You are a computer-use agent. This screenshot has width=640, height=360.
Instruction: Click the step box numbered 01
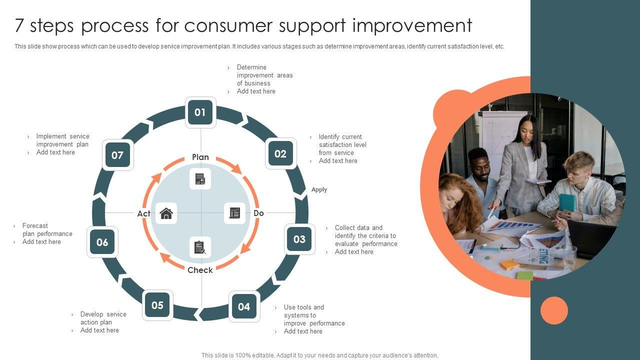pyautogui.click(x=200, y=112)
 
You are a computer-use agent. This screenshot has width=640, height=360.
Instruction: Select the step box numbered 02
pyautogui.click(x=280, y=154)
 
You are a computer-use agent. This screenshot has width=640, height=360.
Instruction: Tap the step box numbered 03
pyautogui.click(x=299, y=239)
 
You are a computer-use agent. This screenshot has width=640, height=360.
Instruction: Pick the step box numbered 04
pyautogui.click(x=244, y=306)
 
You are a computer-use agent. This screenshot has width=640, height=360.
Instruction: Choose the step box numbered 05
pyautogui.click(x=157, y=305)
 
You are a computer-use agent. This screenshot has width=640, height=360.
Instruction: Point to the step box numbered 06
pyautogui.click(x=102, y=242)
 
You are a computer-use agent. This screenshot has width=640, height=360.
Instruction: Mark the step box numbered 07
pyautogui.click(x=117, y=155)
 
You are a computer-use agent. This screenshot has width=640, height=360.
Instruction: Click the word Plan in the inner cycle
pyautogui.click(x=200, y=157)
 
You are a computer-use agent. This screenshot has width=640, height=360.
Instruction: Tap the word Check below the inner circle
pyautogui.click(x=200, y=270)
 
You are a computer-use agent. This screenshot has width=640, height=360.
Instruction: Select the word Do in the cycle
pyautogui.click(x=258, y=213)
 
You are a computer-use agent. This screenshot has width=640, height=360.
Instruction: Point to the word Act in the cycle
pyautogui.click(x=143, y=213)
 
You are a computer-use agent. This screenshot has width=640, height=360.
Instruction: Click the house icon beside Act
pyautogui.click(x=166, y=213)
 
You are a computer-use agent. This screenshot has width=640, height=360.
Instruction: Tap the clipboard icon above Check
pyautogui.click(x=200, y=247)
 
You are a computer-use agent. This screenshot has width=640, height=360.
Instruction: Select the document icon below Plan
pyautogui.click(x=200, y=179)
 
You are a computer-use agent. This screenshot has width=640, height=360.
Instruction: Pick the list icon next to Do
pyautogui.click(x=234, y=213)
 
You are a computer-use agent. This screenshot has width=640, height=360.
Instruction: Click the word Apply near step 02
pyautogui.click(x=319, y=189)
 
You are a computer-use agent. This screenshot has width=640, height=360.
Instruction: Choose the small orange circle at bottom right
pyautogui.click(x=554, y=310)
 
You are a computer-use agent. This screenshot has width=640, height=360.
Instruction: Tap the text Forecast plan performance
pyautogui.click(x=47, y=229)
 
